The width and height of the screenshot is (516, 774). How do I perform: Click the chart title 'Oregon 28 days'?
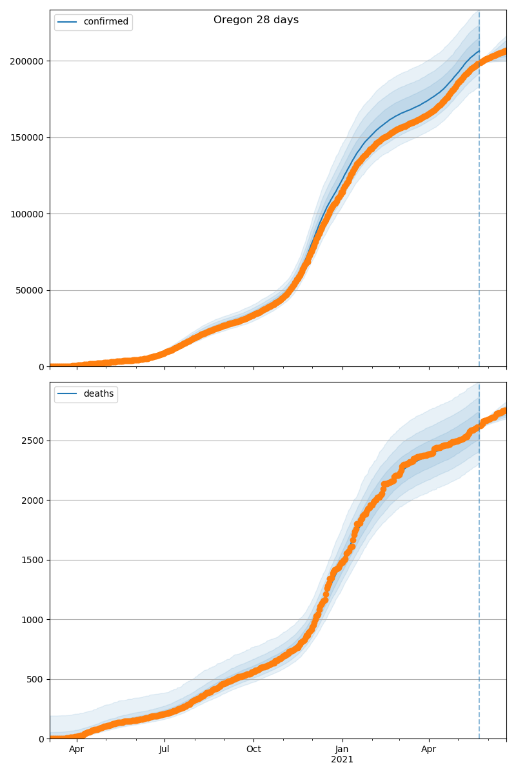pos(256,20)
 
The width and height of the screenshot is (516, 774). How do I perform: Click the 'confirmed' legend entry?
pos(106,22)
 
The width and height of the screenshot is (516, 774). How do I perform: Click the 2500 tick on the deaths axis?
pos(34,441)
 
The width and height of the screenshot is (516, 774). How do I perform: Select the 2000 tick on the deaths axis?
pos(34,501)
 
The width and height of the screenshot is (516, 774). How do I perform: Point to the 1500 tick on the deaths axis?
pos(34,560)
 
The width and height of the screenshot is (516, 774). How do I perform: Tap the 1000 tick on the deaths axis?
pos(34,620)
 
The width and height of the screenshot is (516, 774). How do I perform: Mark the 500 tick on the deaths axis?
pos(36,679)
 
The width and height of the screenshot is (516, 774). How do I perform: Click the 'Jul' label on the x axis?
pos(164,749)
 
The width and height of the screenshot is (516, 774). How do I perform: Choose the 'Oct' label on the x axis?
pos(253,749)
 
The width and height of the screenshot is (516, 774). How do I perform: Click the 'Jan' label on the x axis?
pos(342,749)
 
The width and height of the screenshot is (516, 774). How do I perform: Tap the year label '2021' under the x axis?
pos(342,760)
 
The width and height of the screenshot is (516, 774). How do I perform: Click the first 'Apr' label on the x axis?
pos(77,749)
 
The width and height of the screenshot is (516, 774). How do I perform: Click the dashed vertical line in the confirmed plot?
pos(479,193)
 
